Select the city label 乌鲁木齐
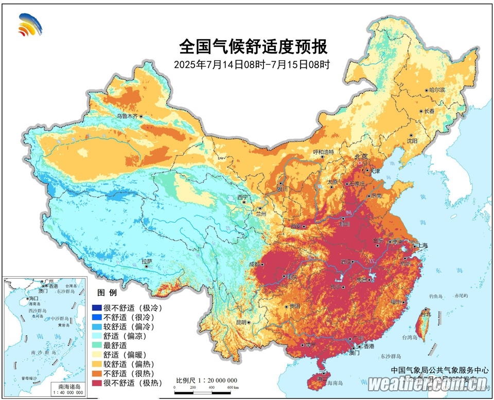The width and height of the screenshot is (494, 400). point(128,117)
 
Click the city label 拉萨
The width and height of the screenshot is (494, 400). point(147,261)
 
